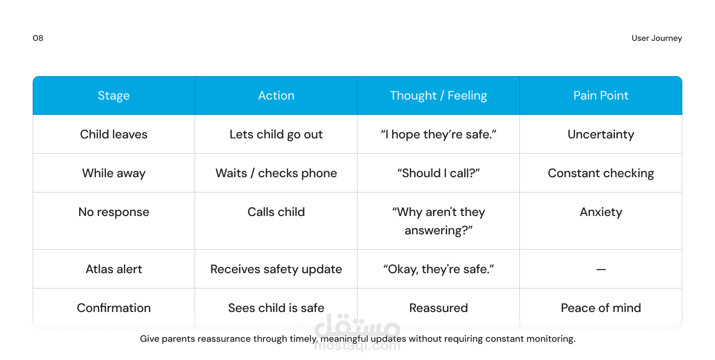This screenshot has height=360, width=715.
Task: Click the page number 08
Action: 38,38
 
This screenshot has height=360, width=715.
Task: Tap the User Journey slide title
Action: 657,38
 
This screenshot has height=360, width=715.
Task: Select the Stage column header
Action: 113,95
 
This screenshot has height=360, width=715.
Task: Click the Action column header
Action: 276,95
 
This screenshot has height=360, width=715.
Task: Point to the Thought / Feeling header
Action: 439,95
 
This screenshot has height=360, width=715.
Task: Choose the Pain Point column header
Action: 601,95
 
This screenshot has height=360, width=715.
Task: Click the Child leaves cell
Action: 113,134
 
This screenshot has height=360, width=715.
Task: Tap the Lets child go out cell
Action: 276,134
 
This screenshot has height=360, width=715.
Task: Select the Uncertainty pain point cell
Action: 601,134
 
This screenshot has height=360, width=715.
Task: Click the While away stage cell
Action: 113,173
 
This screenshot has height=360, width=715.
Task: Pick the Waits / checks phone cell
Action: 276,173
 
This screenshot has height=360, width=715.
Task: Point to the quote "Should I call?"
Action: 439,173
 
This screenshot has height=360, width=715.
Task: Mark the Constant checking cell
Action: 601,173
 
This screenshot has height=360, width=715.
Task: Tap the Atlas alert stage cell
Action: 113,269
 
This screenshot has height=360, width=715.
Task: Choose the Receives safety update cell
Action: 276,269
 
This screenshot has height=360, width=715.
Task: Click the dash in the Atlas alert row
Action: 601,270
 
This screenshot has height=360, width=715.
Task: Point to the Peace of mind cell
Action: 601,308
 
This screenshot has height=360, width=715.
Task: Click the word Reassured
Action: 439,308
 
